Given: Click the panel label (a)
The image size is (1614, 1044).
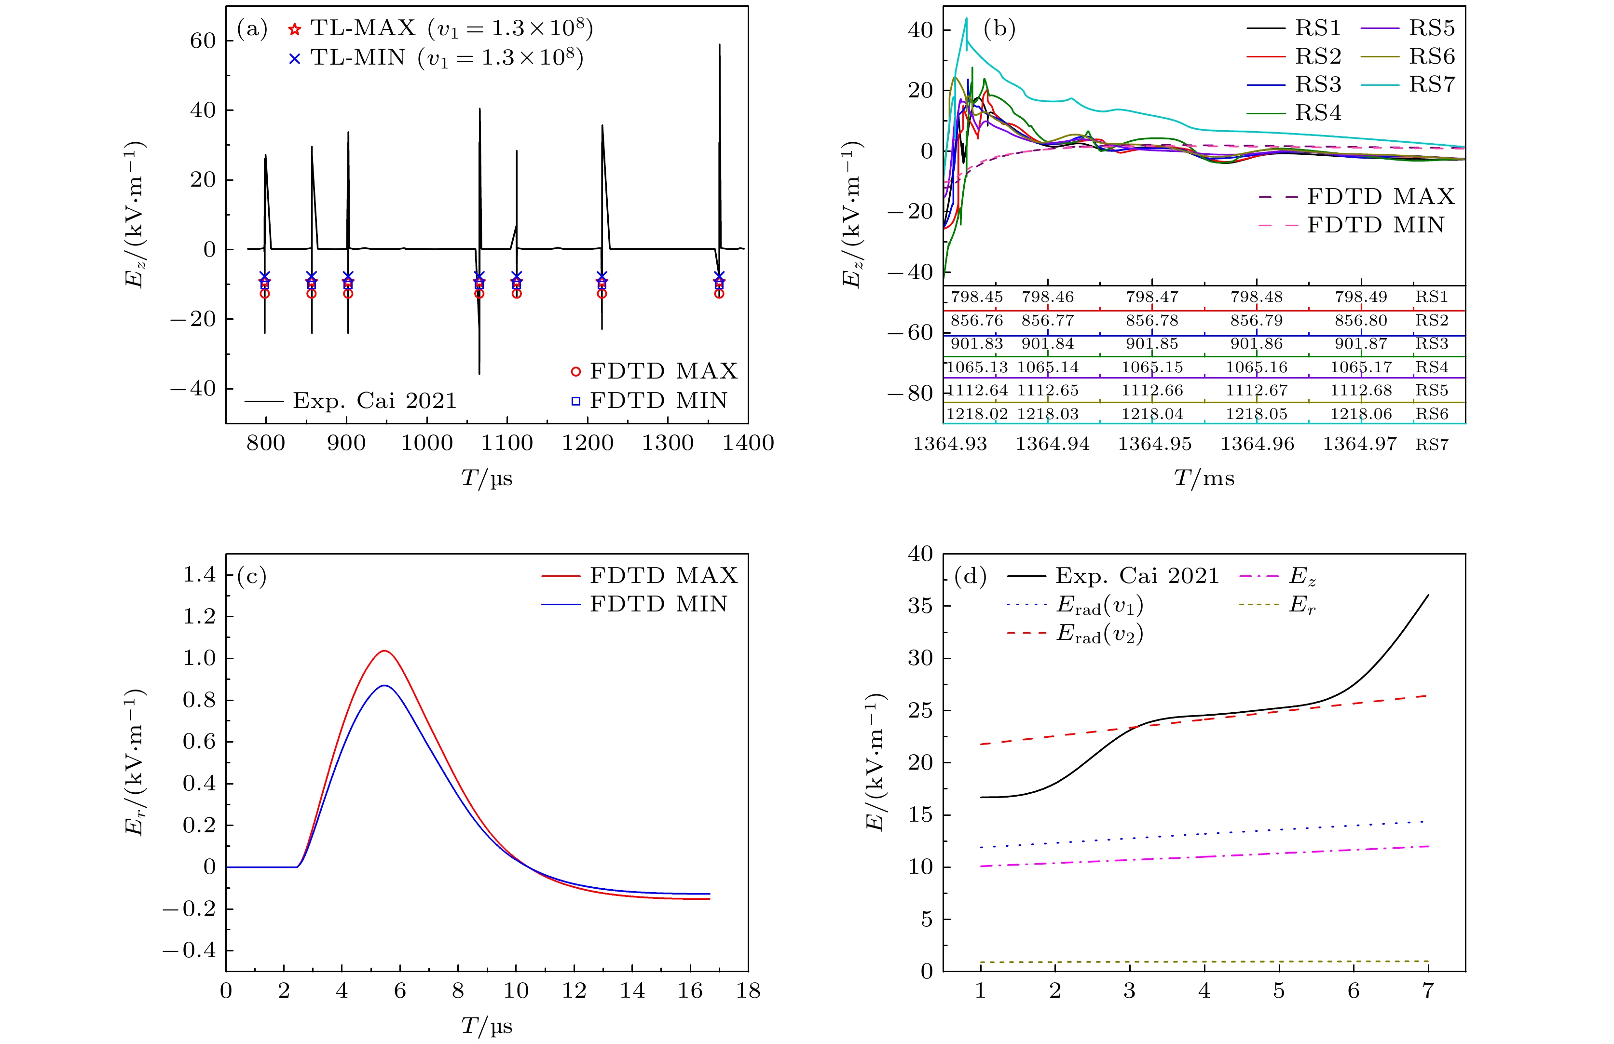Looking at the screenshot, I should [x=252, y=28].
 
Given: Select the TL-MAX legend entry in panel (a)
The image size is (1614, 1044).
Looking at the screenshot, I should [x=363, y=28].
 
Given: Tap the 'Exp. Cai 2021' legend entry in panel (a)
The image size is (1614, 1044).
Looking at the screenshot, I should [x=374, y=401].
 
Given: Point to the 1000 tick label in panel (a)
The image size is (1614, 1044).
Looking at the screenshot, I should [x=426, y=443].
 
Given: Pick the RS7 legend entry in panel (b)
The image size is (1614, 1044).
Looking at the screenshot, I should [x=1432, y=85].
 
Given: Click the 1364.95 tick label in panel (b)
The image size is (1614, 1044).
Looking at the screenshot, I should [x=1155, y=444].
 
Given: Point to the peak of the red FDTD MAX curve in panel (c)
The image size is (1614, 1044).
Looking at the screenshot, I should [x=384, y=651].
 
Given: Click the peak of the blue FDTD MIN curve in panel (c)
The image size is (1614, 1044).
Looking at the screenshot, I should [x=384, y=685].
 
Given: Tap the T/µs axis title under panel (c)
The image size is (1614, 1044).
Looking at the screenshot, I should [x=486, y=1026].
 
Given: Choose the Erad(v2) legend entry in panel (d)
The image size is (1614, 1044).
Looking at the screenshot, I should [x=1099, y=634].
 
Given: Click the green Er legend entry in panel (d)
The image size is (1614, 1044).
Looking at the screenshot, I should [x=1301, y=605].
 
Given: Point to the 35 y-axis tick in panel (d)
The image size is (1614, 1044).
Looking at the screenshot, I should [x=920, y=606].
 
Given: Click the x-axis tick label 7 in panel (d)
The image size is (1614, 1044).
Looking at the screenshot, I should [x=1428, y=991].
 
